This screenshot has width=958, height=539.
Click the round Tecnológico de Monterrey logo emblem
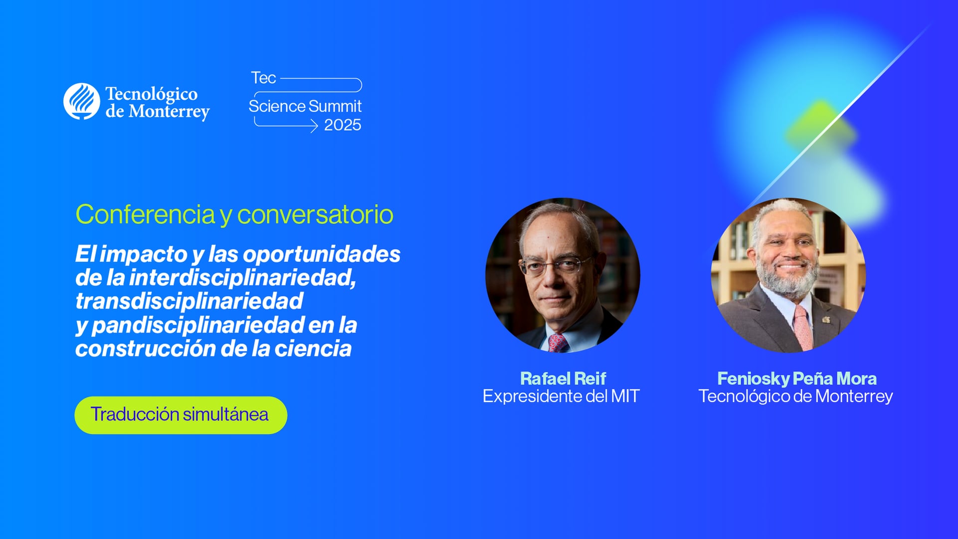82,101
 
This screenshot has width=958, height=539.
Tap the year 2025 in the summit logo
343,125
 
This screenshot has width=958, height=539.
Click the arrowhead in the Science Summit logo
314,127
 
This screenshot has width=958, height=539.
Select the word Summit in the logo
335,106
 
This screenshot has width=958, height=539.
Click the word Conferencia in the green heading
145,214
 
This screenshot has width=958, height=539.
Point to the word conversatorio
315,214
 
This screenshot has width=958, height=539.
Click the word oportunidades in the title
322,254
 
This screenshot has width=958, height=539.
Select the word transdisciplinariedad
189,301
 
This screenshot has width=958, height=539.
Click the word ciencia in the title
313,349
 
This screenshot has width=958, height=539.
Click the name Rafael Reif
563,378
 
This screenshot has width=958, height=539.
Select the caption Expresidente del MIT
561,396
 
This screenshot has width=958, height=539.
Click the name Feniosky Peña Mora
796,378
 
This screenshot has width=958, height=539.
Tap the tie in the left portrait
558,344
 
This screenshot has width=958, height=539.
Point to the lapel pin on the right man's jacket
826,320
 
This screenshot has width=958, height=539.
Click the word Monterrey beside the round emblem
169,111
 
